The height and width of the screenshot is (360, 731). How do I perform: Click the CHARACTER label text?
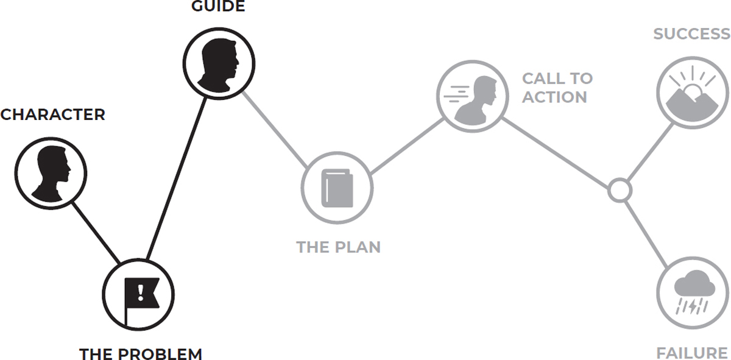click(x=52, y=115)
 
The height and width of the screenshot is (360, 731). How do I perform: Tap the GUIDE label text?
click(x=218, y=7)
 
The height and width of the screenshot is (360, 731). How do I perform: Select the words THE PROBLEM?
click(x=140, y=353)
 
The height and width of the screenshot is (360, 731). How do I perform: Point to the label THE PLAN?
click(x=338, y=247)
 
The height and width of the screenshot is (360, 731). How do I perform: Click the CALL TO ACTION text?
click(x=557, y=88)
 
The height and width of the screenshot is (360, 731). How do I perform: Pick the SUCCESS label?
click(x=691, y=34)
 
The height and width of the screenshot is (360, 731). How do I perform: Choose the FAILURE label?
click(x=691, y=353)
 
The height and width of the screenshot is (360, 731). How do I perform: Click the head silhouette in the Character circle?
click(x=51, y=174)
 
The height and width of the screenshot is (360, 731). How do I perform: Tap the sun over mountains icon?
click(x=693, y=94)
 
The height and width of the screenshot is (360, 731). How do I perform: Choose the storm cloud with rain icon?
click(x=693, y=292)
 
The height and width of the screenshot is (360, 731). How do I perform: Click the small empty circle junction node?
click(x=619, y=190)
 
